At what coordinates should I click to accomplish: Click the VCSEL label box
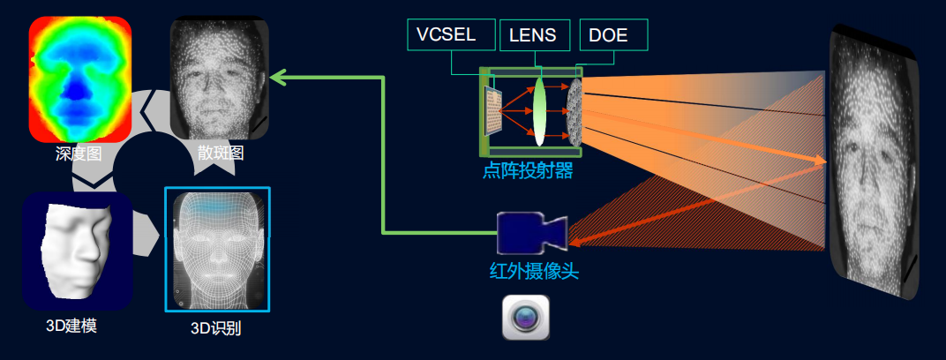click(451, 34)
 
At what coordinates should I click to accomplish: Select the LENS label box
click(535, 35)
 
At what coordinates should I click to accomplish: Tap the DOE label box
click(613, 35)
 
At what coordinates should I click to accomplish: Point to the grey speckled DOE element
click(575, 112)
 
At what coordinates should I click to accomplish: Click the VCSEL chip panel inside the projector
click(494, 112)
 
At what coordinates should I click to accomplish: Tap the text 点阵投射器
click(528, 172)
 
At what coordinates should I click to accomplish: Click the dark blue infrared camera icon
click(531, 233)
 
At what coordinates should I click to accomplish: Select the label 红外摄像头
click(534, 272)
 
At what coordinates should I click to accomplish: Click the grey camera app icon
click(526, 317)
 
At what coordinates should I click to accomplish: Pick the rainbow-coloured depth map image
click(80, 79)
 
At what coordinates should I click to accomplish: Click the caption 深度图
click(79, 154)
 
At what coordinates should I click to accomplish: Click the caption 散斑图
click(221, 153)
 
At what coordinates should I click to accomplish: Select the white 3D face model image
click(78, 251)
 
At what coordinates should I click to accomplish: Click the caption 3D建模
click(71, 326)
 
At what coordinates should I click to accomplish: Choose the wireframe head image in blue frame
click(217, 249)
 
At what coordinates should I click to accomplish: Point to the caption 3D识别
click(216, 328)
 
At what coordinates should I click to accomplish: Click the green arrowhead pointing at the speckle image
click(277, 77)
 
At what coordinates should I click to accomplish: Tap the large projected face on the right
click(874, 161)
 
